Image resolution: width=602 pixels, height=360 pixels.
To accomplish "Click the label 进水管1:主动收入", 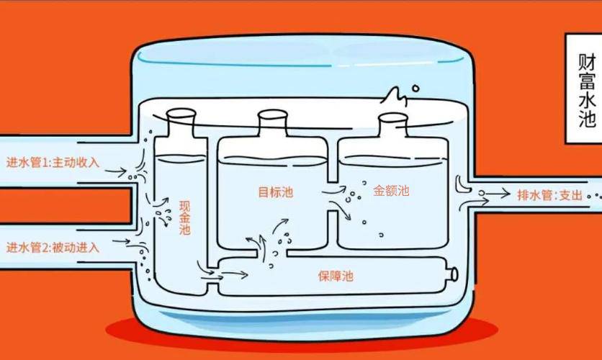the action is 53,162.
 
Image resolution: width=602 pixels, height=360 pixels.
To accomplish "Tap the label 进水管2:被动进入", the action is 53,248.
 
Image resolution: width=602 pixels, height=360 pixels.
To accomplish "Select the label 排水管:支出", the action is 550,195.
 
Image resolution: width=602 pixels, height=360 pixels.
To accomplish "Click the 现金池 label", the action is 184,217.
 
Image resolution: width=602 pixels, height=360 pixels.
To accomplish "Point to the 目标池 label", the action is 276,192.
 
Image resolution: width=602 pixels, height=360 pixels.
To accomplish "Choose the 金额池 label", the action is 391,190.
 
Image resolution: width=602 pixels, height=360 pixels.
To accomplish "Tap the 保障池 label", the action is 336,276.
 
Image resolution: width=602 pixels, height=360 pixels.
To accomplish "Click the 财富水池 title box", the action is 583,89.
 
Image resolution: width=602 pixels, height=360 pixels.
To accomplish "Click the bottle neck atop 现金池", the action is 181,122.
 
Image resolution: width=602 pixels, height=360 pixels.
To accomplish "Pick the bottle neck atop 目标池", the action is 273,123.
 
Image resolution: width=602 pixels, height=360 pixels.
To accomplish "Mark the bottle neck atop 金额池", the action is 393,125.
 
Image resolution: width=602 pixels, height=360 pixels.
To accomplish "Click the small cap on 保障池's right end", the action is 453,274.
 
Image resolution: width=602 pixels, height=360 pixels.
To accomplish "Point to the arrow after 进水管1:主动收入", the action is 116,171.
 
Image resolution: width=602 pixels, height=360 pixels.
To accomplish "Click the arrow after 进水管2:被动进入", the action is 122,241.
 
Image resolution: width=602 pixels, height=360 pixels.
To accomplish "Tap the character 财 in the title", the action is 587,63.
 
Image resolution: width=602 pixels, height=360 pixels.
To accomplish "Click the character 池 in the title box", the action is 587,118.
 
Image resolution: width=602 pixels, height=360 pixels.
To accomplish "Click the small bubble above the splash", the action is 415,89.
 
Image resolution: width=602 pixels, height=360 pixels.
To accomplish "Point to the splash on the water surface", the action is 394,96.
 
